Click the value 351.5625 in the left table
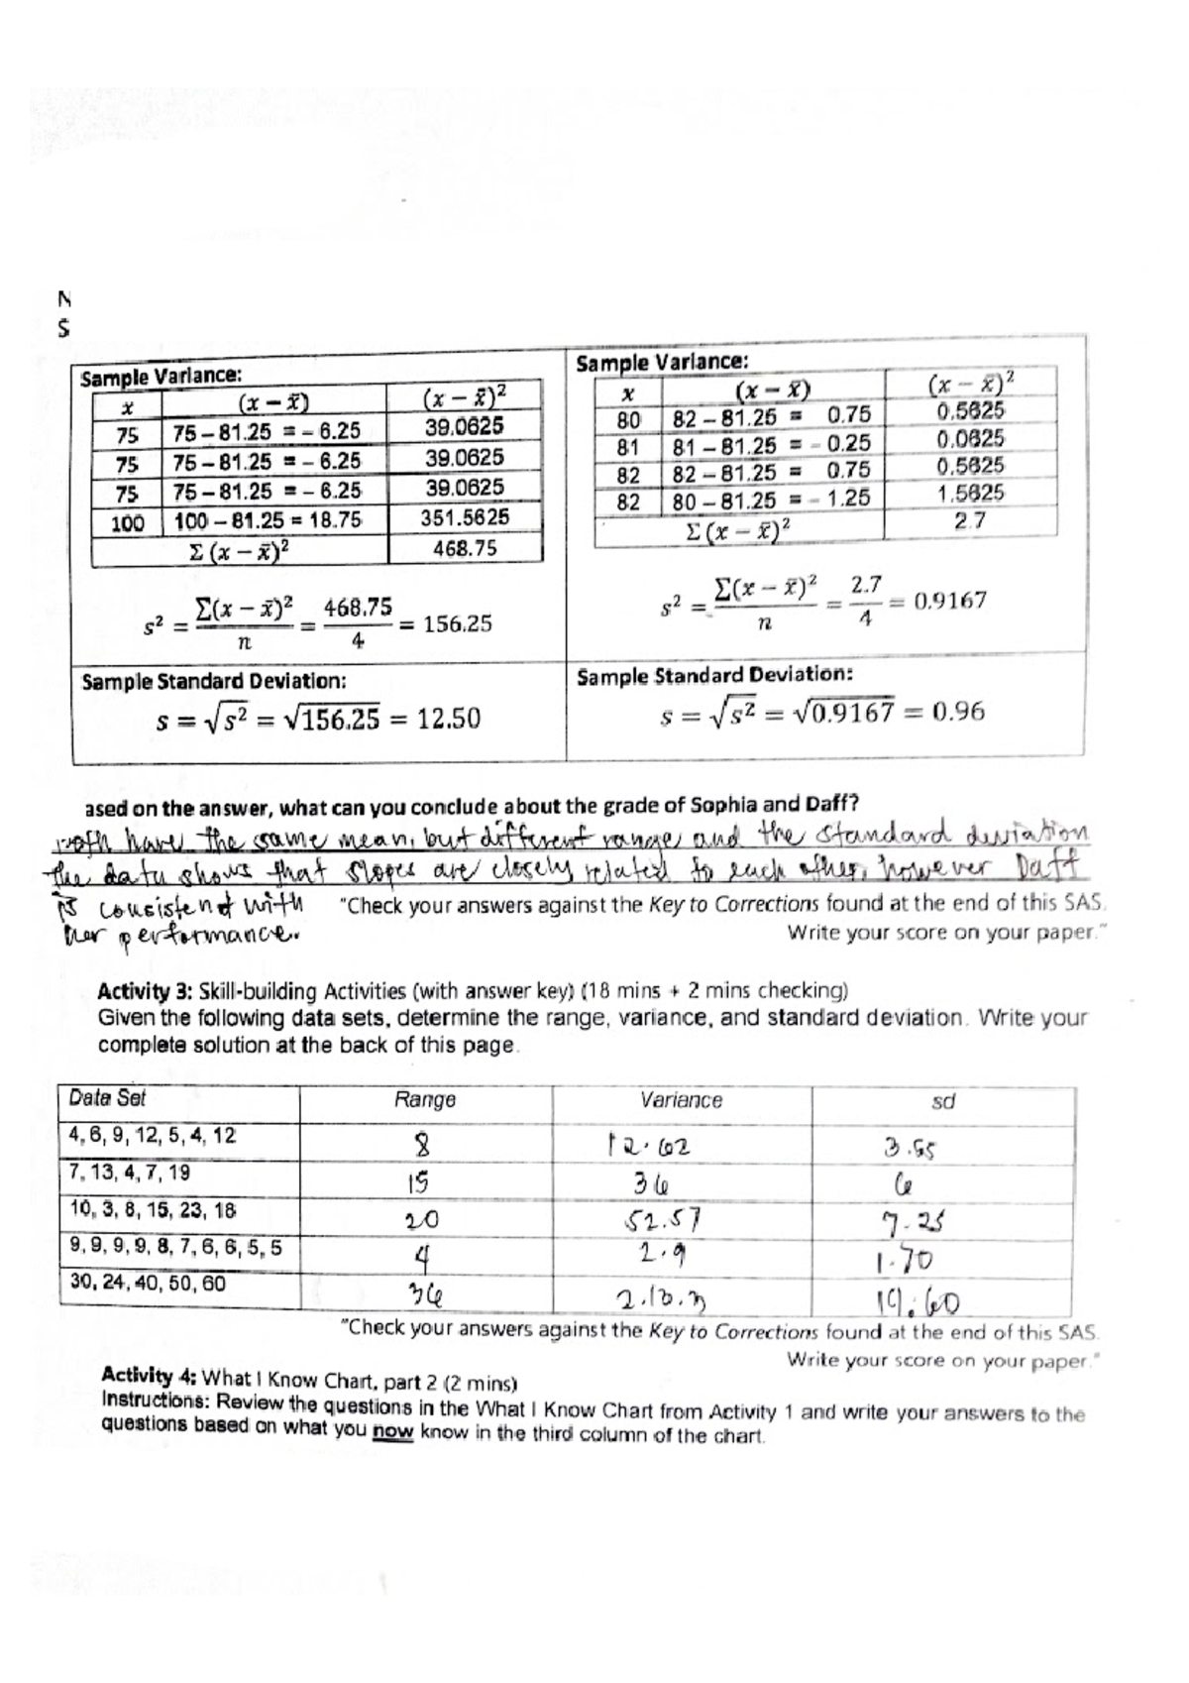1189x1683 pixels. click(465, 517)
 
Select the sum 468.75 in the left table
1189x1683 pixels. click(465, 548)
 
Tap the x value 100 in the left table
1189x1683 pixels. click(127, 522)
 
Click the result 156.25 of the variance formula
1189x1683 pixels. click(458, 624)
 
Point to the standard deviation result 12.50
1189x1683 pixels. click(448, 718)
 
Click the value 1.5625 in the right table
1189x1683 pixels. click(970, 493)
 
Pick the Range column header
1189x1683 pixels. click(425, 1099)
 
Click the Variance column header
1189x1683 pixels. click(681, 1100)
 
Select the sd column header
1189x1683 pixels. click(943, 1101)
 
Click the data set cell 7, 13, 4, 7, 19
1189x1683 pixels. click(130, 1173)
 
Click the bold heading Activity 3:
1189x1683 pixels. click(146, 991)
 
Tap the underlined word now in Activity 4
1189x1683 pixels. click(393, 1433)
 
